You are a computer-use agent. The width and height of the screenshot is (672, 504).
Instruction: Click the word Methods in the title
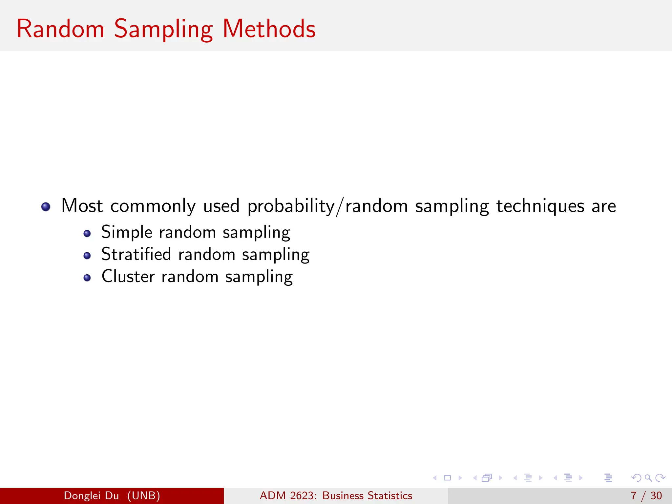click(x=269, y=29)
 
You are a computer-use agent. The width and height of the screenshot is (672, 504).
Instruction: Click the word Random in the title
click(x=60, y=29)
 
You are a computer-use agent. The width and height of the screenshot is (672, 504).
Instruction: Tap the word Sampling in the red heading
click(x=163, y=30)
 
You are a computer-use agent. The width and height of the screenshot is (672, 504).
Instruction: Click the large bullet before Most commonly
click(x=46, y=207)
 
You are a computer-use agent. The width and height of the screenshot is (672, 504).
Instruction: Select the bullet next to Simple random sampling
click(x=87, y=234)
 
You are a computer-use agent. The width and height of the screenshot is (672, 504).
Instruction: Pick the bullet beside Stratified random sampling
click(x=87, y=256)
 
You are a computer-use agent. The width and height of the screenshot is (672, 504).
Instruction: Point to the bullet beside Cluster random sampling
click(x=87, y=278)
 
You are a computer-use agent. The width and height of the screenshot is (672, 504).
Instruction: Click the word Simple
click(x=127, y=232)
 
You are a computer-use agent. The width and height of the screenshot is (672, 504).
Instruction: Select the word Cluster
click(x=128, y=276)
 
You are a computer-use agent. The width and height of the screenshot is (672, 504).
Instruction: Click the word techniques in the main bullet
click(x=540, y=206)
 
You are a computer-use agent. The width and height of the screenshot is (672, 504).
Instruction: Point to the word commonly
click(x=153, y=206)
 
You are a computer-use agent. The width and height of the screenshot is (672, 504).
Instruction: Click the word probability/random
click(x=327, y=206)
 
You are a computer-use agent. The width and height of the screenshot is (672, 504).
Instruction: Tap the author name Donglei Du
click(x=91, y=495)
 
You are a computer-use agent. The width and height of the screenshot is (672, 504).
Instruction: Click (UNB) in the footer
click(x=144, y=495)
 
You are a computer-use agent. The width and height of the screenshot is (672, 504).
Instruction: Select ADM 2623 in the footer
click(x=288, y=495)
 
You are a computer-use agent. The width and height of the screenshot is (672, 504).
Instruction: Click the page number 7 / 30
click(x=646, y=495)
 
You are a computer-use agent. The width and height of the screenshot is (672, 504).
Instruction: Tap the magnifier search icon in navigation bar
click(x=648, y=478)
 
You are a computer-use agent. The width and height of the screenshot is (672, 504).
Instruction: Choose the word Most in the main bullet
click(x=82, y=206)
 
